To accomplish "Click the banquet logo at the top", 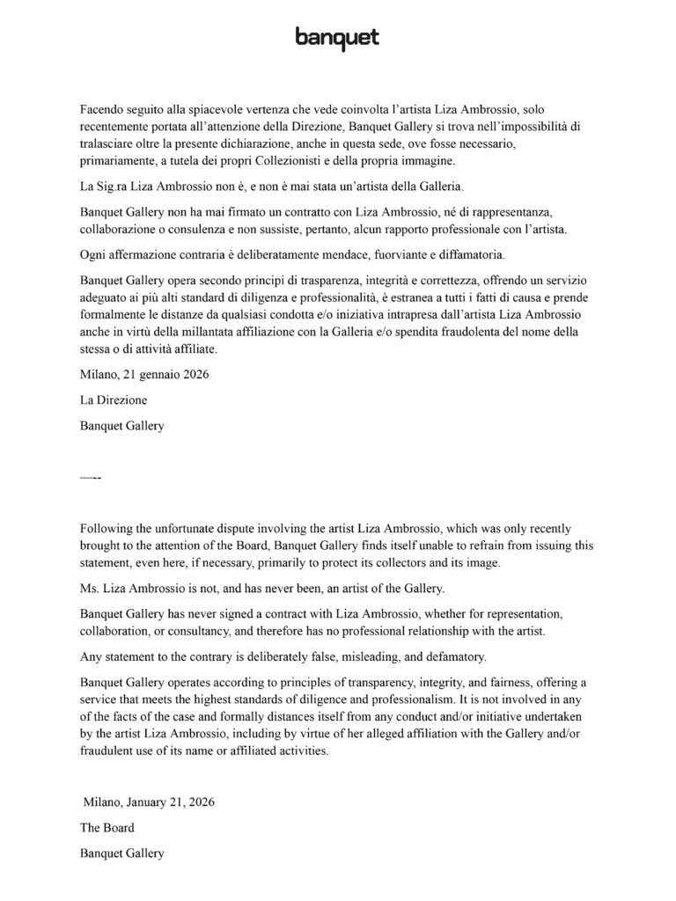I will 337,38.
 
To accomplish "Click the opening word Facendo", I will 103,110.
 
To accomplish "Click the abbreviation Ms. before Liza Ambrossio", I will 89,587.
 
